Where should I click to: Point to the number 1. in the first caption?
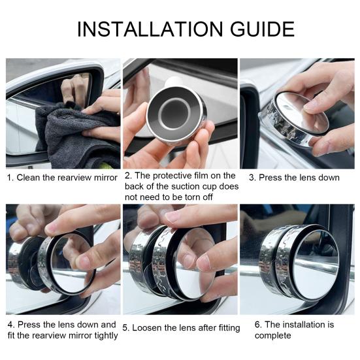[10, 178]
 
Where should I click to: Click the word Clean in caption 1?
[29, 178]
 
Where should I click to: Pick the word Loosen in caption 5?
[148, 328]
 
